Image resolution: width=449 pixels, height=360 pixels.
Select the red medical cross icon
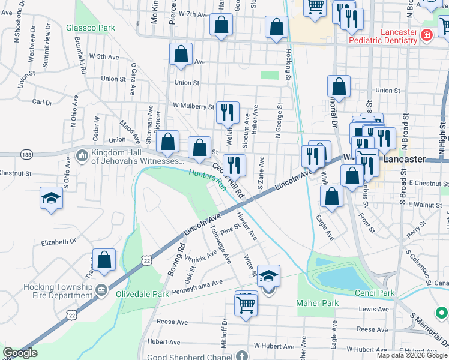tap(426, 35)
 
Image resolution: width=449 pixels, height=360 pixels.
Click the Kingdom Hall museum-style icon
tap(82, 157)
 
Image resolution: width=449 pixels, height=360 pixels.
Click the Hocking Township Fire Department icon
tap(101, 291)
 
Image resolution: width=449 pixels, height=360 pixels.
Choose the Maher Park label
tap(317, 303)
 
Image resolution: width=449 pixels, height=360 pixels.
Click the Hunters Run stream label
tap(207, 179)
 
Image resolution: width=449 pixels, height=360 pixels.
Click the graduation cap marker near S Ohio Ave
tap(52, 197)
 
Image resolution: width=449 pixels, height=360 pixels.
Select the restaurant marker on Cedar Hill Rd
tap(235, 165)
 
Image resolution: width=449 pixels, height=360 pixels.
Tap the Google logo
tap(20, 353)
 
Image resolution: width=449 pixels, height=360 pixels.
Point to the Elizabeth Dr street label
tap(58, 242)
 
